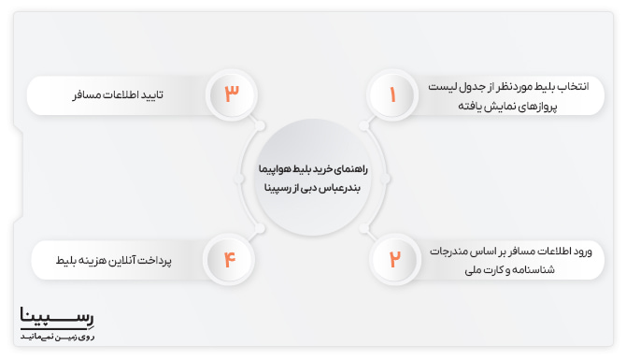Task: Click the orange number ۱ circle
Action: click(392, 95)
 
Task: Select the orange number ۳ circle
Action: click(232, 95)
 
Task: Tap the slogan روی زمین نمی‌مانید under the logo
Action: click(57, 336)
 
